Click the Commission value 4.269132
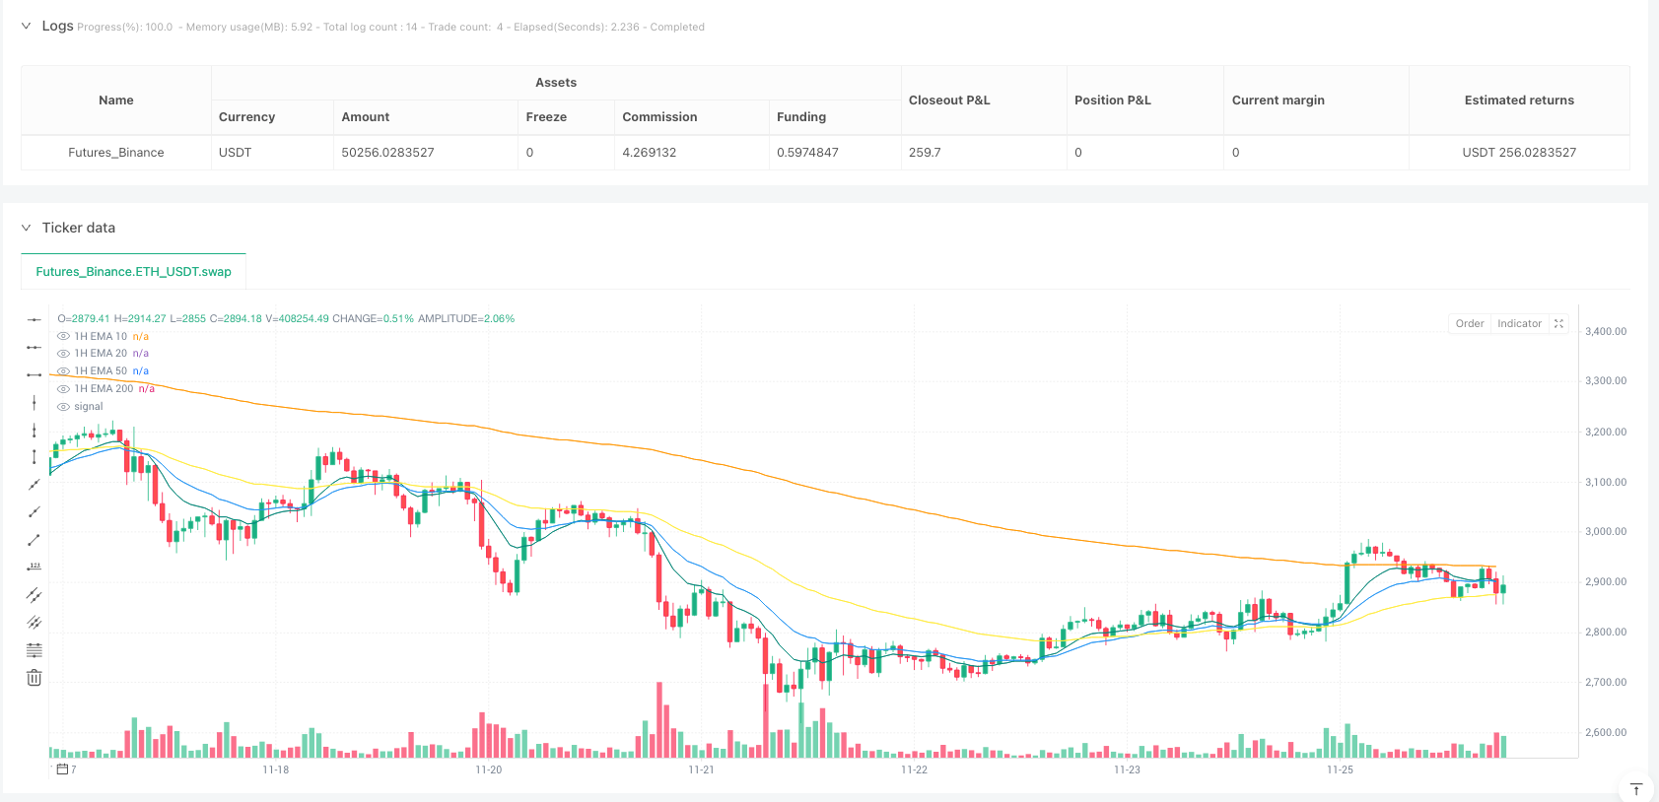click(649, 153)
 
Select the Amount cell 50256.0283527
click(387, 153)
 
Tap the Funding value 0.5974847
click(807, 153)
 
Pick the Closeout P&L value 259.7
click(925, 153)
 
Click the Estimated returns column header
click(1518, 100)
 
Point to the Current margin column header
click(1278, 100)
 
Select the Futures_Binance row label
click(115, 153)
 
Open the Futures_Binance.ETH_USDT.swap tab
click(133, 272)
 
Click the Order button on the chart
click(1469, 323)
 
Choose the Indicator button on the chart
click(1519, 323)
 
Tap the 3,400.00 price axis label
click(1605, 332)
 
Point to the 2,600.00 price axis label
click(1605, 733)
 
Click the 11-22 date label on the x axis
click(914, 769)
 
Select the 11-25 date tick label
click(1340, 769)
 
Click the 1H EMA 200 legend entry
click(104, 389)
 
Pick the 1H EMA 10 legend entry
click(101, 337)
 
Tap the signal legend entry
click(88, 407)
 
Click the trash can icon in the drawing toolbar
click(35, 678)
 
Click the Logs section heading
click(57, 26)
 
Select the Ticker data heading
click(78, 228)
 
